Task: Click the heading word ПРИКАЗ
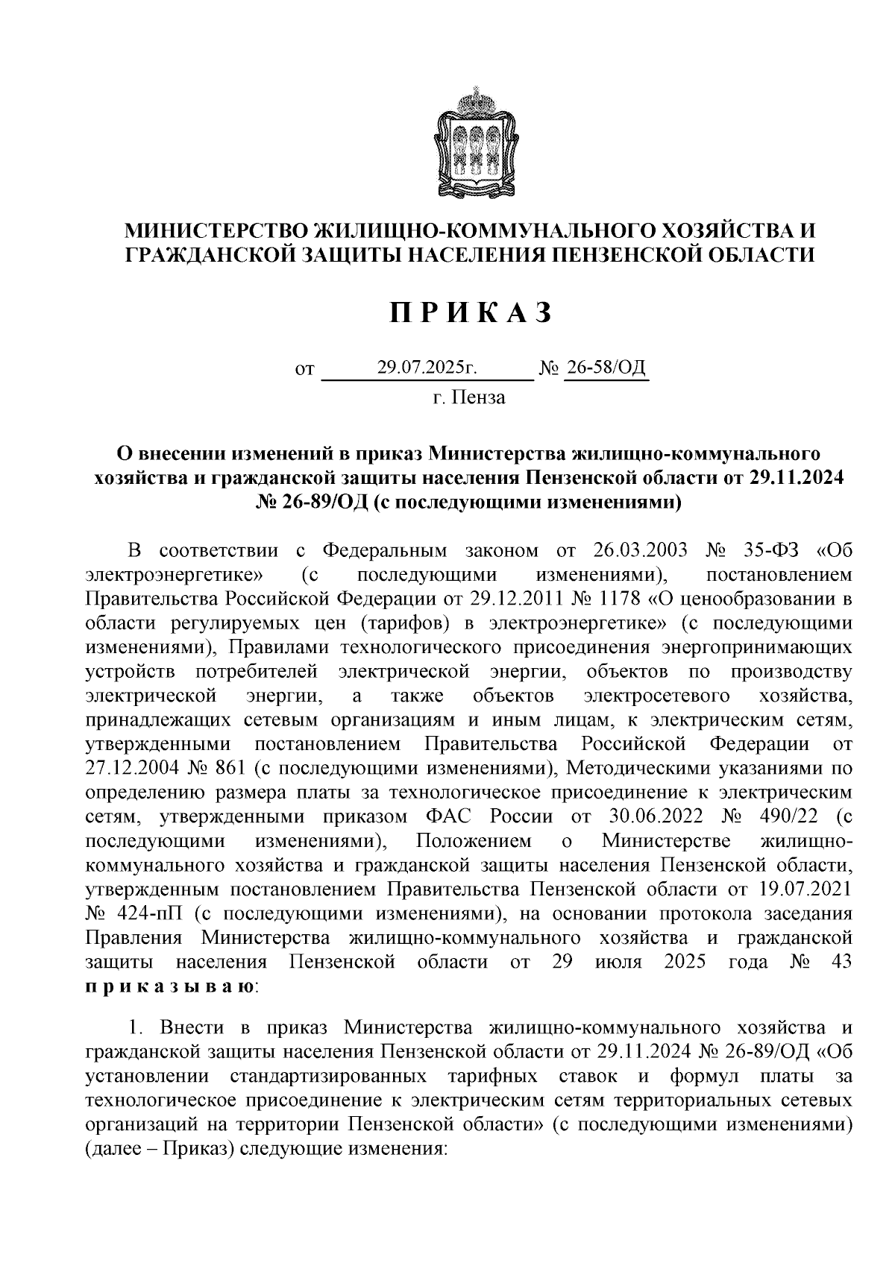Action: (470, 313)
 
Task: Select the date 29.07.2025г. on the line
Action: (427, 368)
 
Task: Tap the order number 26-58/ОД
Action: (606, 368)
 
